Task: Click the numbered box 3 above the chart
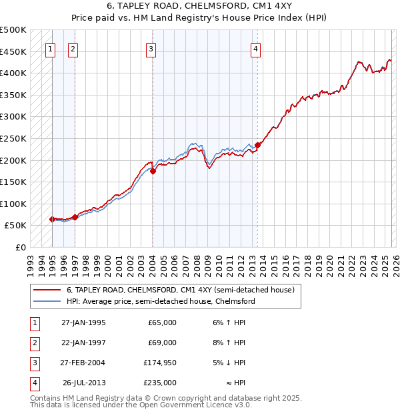tap(151, 48)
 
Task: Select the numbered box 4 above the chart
tap(256, 48)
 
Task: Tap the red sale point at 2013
tap(257, 145)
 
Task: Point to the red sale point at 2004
tap(153, 171)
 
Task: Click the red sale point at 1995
tap(52, 219)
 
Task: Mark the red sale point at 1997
tap(75, 217)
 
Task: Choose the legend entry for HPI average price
tap(160, 301)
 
